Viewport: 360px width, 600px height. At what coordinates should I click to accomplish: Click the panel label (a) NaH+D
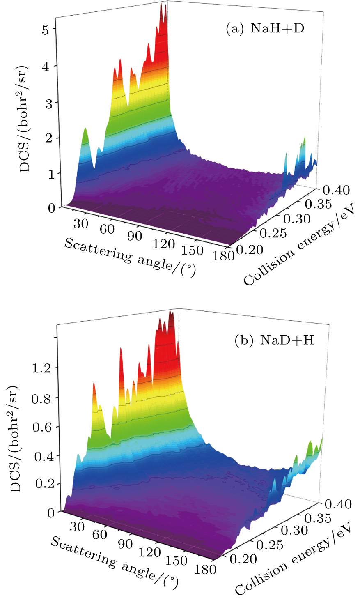pyautogui.click(x=265, y=29)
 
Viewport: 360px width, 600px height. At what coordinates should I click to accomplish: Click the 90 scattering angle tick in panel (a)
pyautogui.click(x=134, y=236)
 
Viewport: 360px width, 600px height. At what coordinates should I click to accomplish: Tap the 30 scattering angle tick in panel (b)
pyautogui.click(x=77, y=527)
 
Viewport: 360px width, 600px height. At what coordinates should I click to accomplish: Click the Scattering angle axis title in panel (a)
pyautogui.click(x=130, y=257)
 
